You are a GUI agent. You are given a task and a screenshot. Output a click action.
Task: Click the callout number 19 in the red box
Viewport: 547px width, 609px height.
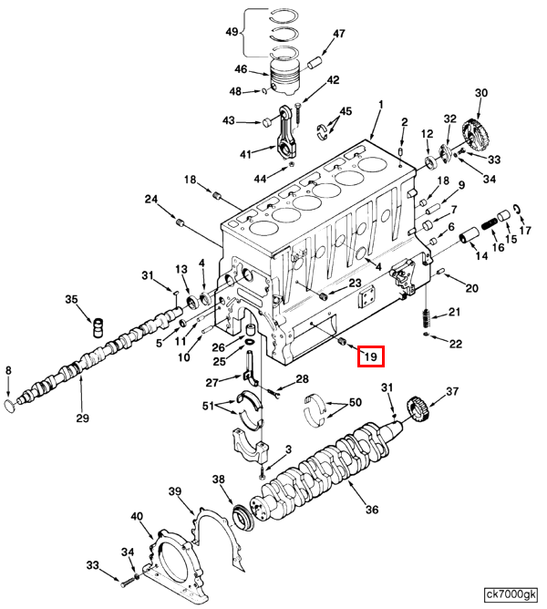371,356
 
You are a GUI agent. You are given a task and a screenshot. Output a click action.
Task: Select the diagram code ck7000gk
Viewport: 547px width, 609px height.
511,594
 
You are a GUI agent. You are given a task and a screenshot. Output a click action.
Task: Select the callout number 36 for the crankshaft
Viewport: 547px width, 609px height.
372,510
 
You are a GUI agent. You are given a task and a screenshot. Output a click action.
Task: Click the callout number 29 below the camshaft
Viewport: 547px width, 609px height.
82,418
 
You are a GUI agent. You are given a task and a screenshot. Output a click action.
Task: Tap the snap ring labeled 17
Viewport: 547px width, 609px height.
517,209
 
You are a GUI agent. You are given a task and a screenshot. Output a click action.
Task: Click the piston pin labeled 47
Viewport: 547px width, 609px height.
315,63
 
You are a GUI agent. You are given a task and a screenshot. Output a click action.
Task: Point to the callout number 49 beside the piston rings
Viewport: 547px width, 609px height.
232,31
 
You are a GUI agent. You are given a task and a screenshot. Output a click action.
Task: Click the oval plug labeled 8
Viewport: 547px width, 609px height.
10,406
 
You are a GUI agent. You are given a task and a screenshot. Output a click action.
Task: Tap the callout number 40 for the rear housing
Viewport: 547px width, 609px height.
137,516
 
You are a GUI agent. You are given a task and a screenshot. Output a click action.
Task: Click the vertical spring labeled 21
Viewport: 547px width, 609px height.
427,318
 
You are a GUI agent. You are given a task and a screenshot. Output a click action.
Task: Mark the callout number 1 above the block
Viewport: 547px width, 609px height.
381,105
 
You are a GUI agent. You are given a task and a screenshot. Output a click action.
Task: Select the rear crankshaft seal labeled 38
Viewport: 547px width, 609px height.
243,517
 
